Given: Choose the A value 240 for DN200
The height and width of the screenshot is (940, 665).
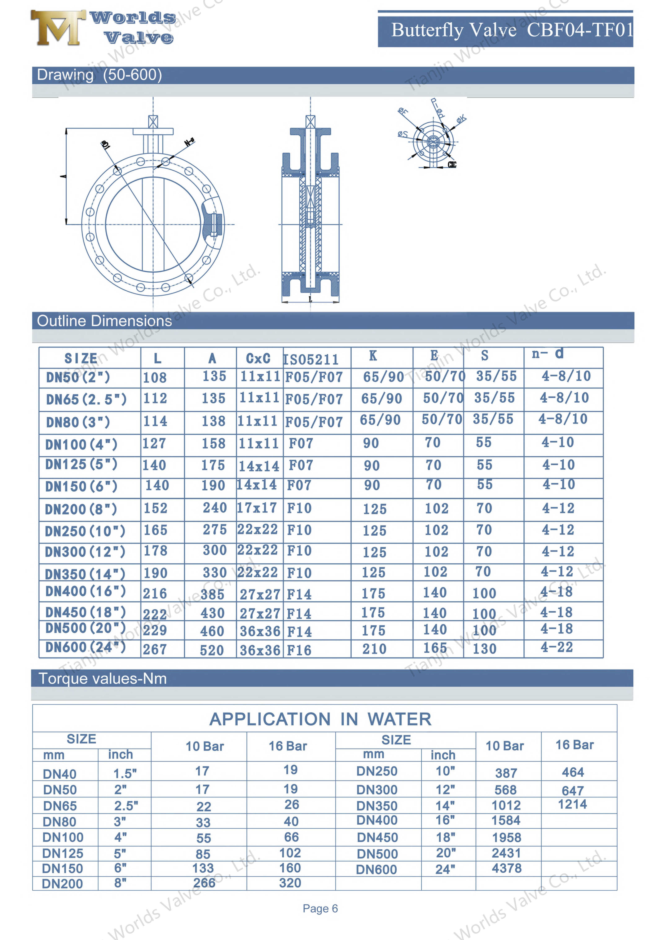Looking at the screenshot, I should point(215,508).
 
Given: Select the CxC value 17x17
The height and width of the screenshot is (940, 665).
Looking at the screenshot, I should point(257,508).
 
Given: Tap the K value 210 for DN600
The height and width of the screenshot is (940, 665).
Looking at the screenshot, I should point(374,649).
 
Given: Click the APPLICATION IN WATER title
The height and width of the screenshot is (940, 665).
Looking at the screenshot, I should point(320,719).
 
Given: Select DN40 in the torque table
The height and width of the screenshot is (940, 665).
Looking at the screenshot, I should point(60,774).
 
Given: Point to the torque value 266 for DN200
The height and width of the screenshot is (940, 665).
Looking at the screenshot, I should point(204,883).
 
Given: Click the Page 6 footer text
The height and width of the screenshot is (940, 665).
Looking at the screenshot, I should point(320,908).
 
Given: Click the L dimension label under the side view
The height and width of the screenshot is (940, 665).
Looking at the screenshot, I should point(310,300).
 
